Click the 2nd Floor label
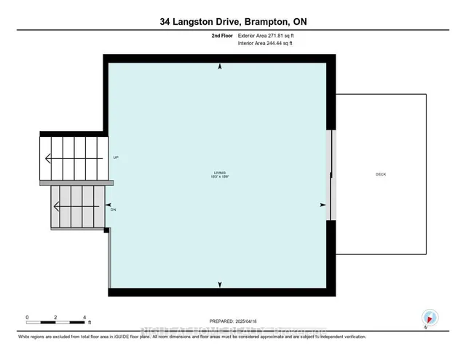[222, 34]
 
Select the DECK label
[381, 174]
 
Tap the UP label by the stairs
[116, 157]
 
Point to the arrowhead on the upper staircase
[48, 157]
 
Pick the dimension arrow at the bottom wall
[220, 283]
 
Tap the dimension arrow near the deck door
[323, 205]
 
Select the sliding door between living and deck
[331, 175]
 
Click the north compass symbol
[429, 318]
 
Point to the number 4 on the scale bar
[84, 317]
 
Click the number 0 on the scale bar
[27, 317]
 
